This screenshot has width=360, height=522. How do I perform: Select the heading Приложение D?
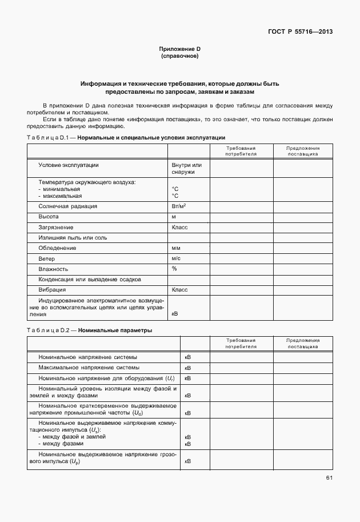click(180, 50)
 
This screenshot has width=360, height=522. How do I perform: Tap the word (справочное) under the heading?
click(180, 57)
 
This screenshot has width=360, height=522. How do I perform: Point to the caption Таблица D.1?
click(48, 138)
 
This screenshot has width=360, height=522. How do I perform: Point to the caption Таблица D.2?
click(48, 330)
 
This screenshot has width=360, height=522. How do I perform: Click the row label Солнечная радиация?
click(67, 206)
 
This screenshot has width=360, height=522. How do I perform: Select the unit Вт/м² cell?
click(179, 206)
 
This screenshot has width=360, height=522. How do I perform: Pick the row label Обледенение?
click(57, 248)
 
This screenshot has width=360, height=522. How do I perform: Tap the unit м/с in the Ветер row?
click(177, 258)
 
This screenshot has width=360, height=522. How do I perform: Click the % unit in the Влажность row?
click(174, 269)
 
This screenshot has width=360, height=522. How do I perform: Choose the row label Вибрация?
click(53, 290)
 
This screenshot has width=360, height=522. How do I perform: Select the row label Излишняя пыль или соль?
click(73, 238)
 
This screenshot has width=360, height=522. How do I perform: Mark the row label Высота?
click(49, 217)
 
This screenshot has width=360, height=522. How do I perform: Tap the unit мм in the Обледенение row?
click(176, 248)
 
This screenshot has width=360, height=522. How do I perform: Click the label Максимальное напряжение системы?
click(89, 367)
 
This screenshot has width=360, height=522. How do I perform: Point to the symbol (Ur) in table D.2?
click(170, 378)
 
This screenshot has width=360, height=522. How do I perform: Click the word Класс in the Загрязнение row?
click(179, 227)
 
